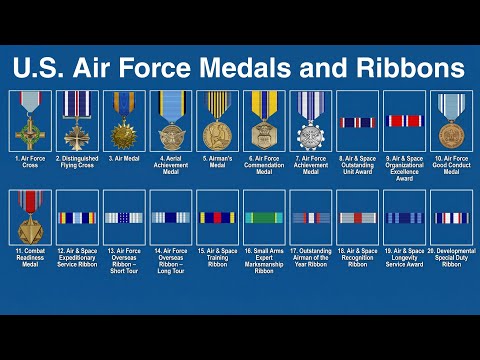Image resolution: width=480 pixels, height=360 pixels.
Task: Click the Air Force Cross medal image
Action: [x=30, y=120]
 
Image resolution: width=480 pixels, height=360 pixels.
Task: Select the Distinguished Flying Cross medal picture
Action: [x=77, y=120]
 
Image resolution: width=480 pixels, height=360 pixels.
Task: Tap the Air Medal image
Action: [x=124, y=120]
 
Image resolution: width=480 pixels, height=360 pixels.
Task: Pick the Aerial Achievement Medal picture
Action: [x=171, y=120]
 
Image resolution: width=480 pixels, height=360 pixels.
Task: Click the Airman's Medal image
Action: [x=218, y=120]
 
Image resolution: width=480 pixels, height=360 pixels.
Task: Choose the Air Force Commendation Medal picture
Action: [x=264, y=120]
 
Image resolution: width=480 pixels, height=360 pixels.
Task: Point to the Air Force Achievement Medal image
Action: [x=311, y=120]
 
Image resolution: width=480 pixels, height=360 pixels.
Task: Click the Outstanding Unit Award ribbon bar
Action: [x=358, y=122]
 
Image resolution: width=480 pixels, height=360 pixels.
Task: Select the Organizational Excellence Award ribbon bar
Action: [x=405, y=122]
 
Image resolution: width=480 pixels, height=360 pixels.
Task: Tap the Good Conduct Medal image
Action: [x=452, y=120]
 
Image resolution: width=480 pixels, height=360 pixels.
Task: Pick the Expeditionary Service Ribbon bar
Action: [x=77, y=217]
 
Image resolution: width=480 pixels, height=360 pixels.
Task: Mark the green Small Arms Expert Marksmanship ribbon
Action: [x=264, y=217]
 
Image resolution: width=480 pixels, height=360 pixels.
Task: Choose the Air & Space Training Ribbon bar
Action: [x=218, y=217]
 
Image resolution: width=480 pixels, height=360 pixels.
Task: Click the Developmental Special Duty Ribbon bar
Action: [x=452, y=217]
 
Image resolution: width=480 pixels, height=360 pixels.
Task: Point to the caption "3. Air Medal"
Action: [x=124, y=158]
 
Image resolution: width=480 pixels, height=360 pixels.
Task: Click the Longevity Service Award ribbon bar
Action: [x=405, y=217]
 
